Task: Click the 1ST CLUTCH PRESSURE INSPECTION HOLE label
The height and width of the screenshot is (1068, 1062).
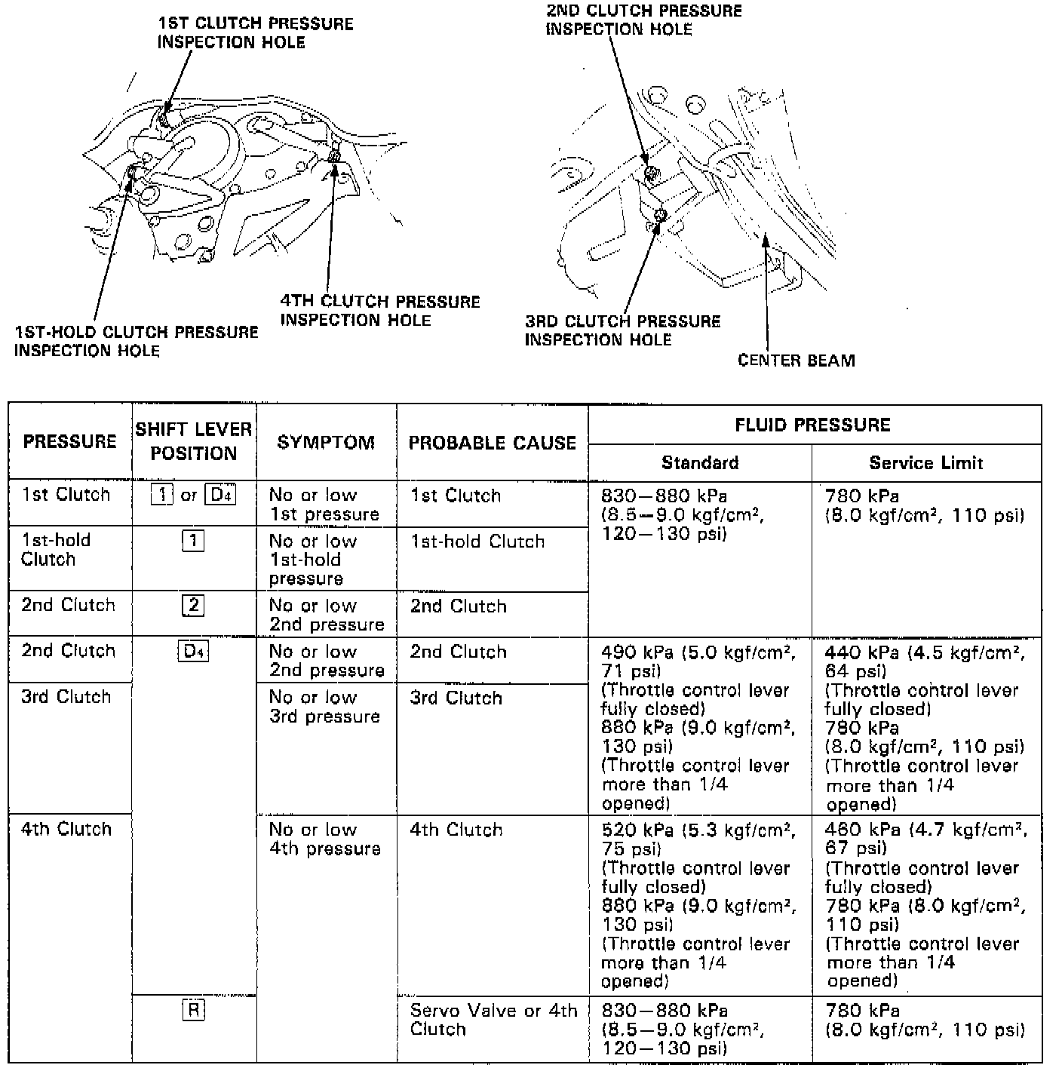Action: point(255,33)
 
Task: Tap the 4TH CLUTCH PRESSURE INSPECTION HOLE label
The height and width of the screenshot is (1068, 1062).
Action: point(379,311)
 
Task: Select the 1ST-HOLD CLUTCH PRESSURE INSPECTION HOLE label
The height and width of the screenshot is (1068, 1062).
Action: point(136,341)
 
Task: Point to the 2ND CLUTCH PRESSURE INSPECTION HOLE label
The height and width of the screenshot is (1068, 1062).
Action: point(643,20)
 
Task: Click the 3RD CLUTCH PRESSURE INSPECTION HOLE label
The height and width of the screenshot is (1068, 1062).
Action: point(622,330)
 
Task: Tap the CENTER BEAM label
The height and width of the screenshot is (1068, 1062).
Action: point(796,361)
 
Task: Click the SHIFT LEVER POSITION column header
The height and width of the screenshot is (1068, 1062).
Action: point(194,441)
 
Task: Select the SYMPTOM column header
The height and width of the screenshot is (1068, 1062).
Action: point(326,442)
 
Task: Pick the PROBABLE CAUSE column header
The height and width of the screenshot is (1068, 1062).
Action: point(492,443)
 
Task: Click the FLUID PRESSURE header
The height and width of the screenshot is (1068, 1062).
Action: point(812,425)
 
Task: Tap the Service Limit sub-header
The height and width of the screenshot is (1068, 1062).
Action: point(925,463)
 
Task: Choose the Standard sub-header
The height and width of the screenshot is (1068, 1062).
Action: point(700,463)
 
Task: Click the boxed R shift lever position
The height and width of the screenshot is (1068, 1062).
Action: point(193,1010)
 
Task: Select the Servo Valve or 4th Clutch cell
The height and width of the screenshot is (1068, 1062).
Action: point(493,1020)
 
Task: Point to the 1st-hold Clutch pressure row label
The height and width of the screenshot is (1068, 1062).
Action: point(56,550)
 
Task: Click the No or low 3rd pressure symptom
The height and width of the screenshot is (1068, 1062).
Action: point(324,707)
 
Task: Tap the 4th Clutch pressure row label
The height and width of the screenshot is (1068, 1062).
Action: point(66,829)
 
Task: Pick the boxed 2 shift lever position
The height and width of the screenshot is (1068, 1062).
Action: point(193,606)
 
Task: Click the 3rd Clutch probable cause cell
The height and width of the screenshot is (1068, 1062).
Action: point(456,698)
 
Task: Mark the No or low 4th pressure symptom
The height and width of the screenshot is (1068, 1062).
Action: point(324,839)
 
